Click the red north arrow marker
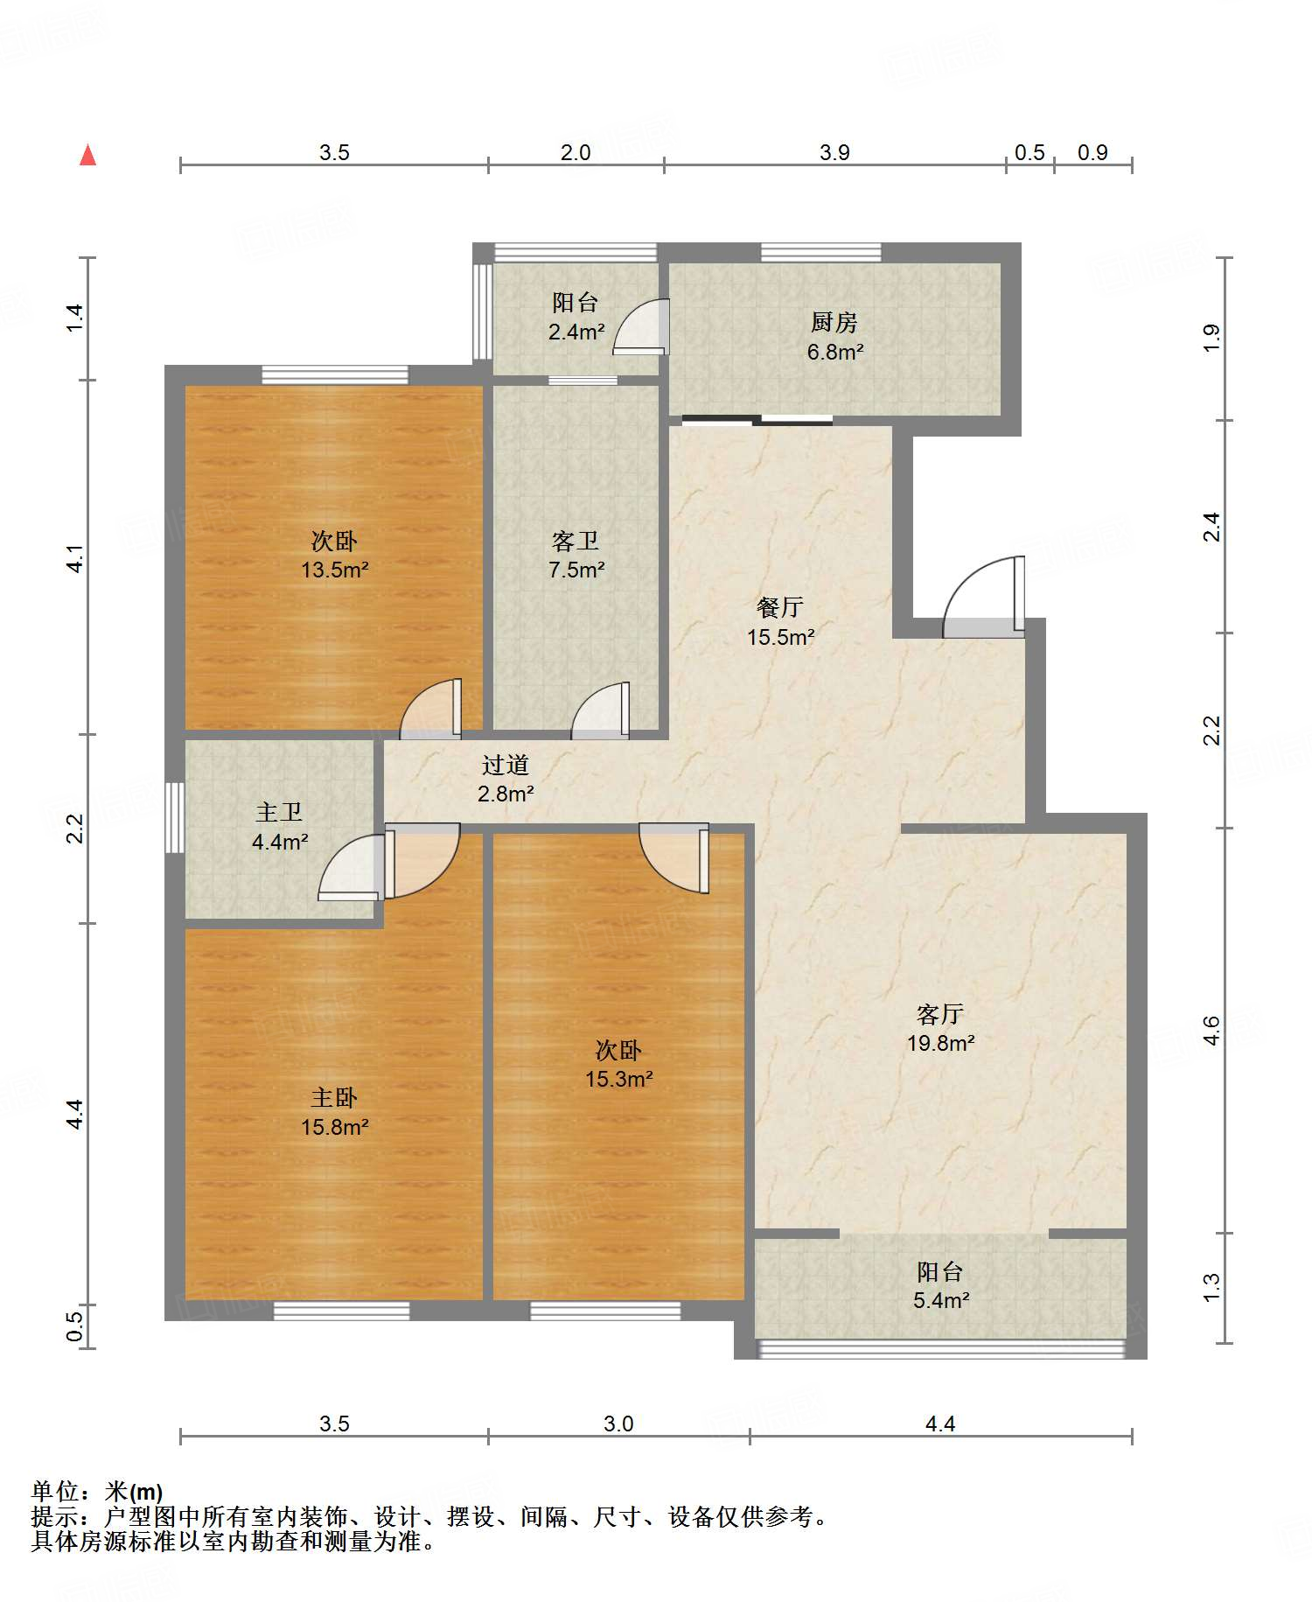[87, 155]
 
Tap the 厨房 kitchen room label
[834, 323]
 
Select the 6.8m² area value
[835, 352]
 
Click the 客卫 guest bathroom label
[576, 541]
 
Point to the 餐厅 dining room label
[780, 607]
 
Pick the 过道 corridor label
[506, 765]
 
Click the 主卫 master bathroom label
[279, 813]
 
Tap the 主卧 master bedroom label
[334, 1098]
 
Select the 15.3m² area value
[619, 1080]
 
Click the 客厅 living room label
[940, 1014]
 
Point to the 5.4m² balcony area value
[941, 1300]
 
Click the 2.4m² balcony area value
[576, 332]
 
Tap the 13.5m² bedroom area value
[335, 570]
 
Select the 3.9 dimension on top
[834, 153]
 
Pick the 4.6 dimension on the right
[1211, 1030]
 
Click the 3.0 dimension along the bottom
[618, 1424]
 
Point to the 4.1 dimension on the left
[76, 558]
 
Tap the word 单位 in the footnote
[54, 1491]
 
